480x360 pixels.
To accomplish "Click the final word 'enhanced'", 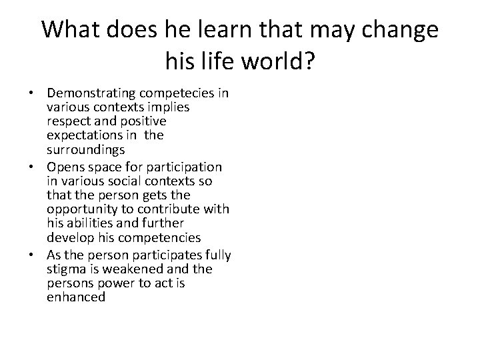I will click(x=76, y=297).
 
